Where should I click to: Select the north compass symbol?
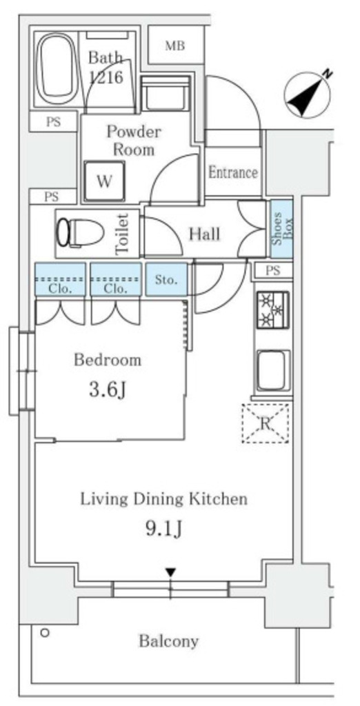click(x=308, y=94)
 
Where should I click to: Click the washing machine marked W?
click(x=105, y=181)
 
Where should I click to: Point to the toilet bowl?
click(x=80, y=233)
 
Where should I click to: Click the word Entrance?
click(x=233, y=172)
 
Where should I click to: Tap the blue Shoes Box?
click(x=281, y=229)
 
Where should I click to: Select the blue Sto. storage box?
click(x=166, y=280)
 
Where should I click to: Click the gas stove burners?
click(x=273, y=310)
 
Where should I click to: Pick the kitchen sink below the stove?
click(x=273, y=370)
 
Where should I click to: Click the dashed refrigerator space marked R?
click(x=266, y=423)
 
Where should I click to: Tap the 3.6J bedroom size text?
click(x=107, y=390)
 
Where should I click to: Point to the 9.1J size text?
click(x=163, y=529)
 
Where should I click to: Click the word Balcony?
click(x=168, y=641)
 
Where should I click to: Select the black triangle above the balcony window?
click(x=170, y=572)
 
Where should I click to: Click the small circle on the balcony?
click(x=44, y=633)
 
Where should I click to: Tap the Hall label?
click(x=205, y=234)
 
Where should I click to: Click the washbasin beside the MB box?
click(x=164, y=93)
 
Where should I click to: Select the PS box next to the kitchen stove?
click(x=273, y=270)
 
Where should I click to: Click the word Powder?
click(x=133, y=132)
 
